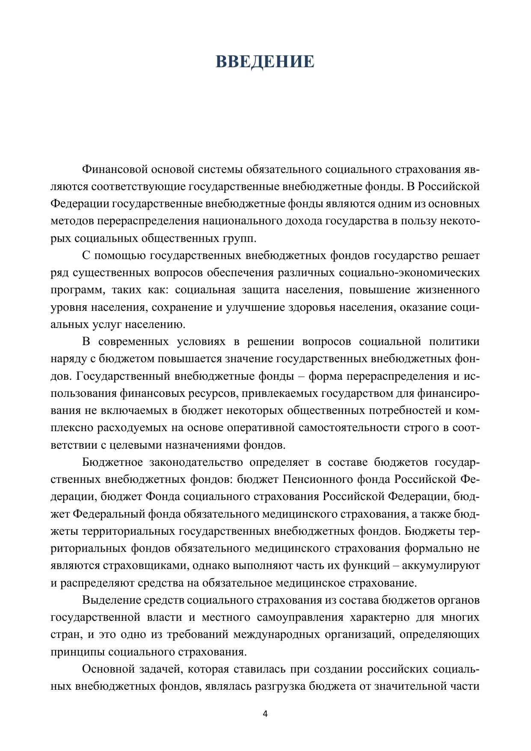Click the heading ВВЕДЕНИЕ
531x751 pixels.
coord(265,62)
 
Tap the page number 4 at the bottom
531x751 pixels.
coord(265,714)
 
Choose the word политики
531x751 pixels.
coord(454,342)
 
